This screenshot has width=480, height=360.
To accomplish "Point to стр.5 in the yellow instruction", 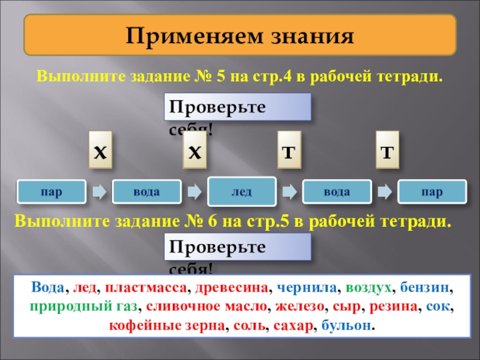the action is [x=273, y=221].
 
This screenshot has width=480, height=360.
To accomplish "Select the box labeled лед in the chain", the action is [x=242, y=192].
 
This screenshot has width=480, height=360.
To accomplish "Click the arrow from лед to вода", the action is [x=289, y=191].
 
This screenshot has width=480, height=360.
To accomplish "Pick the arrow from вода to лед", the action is [x=194, y=191].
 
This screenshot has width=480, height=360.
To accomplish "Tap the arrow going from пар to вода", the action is [x=99, y=191].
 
